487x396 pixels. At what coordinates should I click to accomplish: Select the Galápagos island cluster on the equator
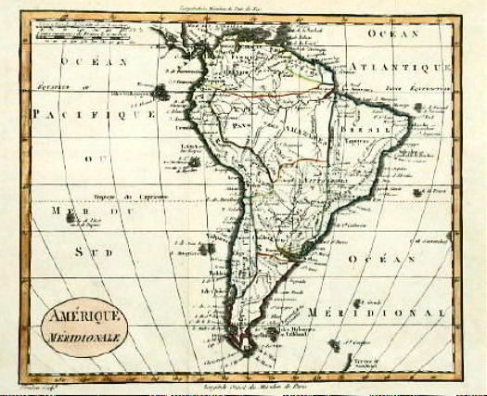coord(160,91)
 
